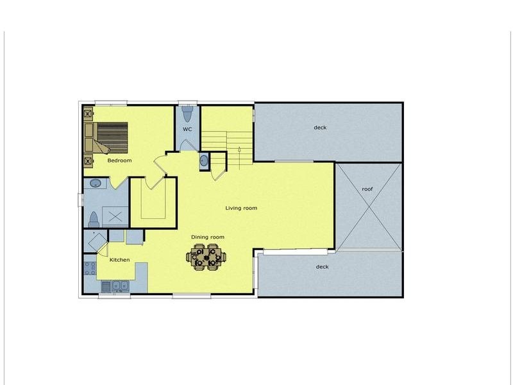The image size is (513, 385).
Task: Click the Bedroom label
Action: tap(119, 160)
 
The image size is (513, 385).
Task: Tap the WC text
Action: tap(187, 130)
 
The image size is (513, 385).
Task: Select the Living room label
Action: tap(241, 208)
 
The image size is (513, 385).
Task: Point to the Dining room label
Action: tap(208, 237)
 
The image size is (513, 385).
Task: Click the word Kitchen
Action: tap(119, 260)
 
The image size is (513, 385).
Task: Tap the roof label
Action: tap(367, 189)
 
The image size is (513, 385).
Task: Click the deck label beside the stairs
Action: tap(320, 128)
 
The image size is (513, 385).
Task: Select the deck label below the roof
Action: tap(323, 267)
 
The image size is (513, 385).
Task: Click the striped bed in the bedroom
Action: tap(110, 138)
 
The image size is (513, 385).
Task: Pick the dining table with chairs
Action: tap(206, 257)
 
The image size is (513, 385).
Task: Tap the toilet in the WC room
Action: tap(187, 114)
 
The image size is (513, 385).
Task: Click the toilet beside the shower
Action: tap(94, 219)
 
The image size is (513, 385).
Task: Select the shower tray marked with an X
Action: tap(115, 216)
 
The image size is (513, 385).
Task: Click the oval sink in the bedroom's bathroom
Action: tap(96, 184)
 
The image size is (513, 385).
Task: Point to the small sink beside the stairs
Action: tap(204, 160)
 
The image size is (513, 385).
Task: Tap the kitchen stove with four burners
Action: tap(90, 268)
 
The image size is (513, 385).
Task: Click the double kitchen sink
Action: tap(121, 286)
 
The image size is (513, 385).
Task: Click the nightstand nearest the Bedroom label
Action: tap(88, 161)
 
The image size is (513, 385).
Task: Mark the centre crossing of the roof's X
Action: tap(368, 207)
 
